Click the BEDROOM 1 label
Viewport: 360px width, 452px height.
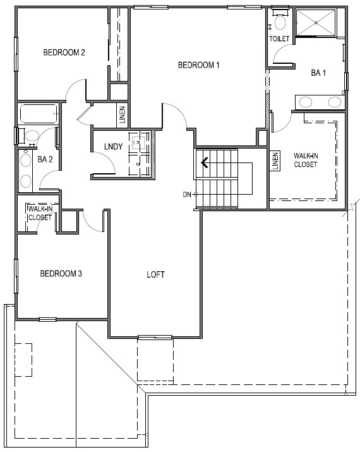coord(198,65)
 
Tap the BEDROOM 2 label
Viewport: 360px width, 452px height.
coord(64,52)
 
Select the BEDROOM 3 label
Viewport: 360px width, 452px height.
coord(61,273)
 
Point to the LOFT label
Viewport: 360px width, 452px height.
coord(155,274)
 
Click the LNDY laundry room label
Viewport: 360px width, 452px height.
coord(114,147)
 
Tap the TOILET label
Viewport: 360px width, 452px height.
coord(279,39)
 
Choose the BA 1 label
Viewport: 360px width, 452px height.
coord(318,73)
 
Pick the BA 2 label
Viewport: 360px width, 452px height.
coord(45,159)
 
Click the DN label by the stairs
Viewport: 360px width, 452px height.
coord(187,195)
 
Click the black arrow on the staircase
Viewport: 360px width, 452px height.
coord(205,163)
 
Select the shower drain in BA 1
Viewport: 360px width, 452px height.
coord(316,23)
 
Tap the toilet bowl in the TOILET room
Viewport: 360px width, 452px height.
coord(280,23)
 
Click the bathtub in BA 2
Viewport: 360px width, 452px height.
coord(39,114)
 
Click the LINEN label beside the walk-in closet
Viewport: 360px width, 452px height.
coord(275,161)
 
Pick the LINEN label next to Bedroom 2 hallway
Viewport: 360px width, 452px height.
coord(123,115)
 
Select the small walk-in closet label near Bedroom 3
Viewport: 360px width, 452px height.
coord(40,213)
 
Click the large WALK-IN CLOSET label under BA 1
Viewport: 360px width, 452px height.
coord(306,160)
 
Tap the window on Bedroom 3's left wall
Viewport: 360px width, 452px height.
coord(16,276)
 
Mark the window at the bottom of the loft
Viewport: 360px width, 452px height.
coord(155,337)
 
